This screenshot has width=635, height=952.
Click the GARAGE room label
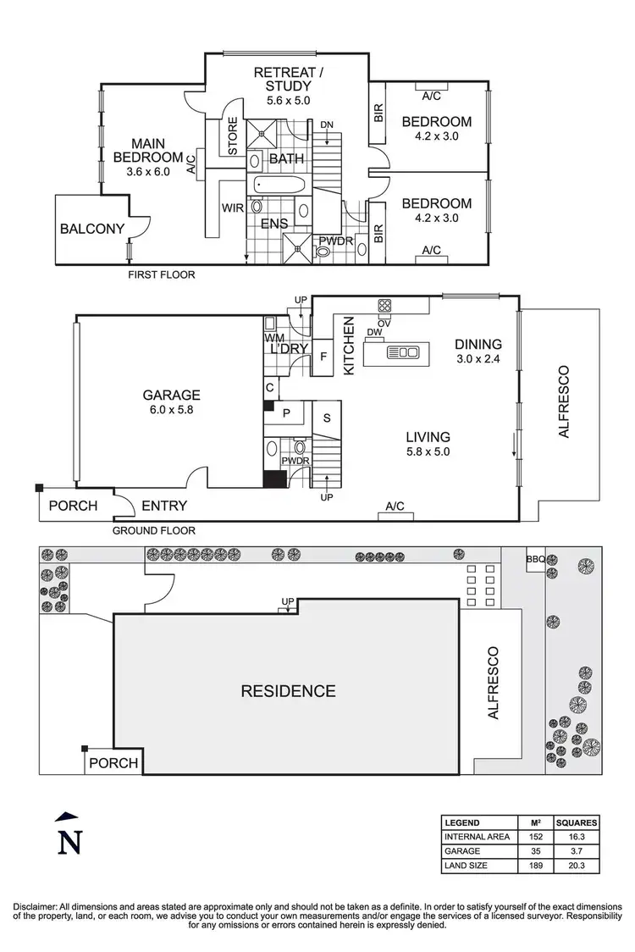[171, 395]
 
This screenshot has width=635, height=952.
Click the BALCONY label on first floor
[92, 228]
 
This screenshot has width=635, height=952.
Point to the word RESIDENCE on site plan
[288, 690]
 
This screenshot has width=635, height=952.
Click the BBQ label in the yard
[535, 559]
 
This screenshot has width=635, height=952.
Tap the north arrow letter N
[69, 843]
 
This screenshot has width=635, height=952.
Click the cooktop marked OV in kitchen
[384, 307]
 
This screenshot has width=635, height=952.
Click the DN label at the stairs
[327, 125]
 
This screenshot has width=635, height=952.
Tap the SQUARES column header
[577, 822]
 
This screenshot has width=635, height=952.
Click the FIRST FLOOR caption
[161, 274]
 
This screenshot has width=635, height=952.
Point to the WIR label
[234, 207]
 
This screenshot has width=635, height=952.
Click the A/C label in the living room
[395, 506]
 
